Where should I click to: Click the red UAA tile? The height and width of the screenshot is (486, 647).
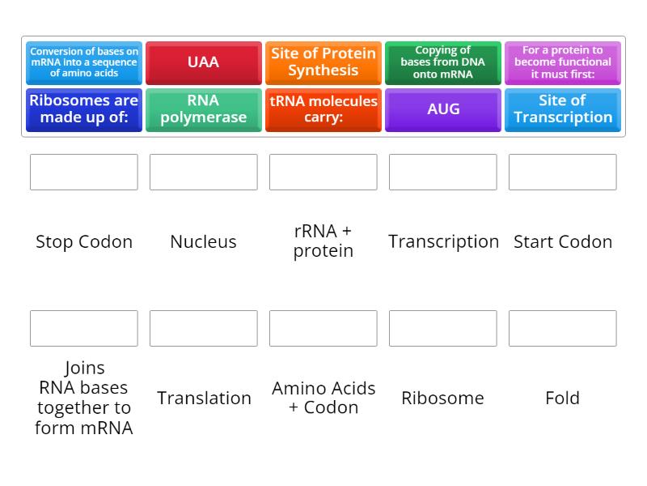[x=204, y=62]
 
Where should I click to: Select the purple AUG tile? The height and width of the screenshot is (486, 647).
[x=442, y=109]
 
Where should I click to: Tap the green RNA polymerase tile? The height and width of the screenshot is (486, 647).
[x=204, y=109]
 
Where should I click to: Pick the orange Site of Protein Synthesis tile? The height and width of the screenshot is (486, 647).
[x=323, y=62]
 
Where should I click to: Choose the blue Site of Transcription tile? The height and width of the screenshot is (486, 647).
[x=563, y=109]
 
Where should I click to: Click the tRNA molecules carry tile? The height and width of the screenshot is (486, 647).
[x=323, y=109]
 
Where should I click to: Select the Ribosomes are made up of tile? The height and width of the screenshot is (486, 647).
[x=84, y=109]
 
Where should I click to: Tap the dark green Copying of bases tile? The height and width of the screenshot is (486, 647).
[x=442, y=62]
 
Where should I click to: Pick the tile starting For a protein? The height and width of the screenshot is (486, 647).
[x=563, y=62]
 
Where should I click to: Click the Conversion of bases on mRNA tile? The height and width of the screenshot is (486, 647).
[x=84, y=62]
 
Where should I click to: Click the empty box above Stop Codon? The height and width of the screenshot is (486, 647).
[x=84, y=172]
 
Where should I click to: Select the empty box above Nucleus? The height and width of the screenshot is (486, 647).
[x=204, y=172]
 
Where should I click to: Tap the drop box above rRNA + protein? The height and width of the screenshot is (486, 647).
[x=323, y=172]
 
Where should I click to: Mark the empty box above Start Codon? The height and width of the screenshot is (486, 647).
[x=563, y=172]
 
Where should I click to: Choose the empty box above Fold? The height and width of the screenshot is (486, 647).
[x=563, y=328]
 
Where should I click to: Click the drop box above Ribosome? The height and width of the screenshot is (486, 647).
[x=442, y=328]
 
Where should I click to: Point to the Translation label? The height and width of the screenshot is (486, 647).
[x=204, y=398]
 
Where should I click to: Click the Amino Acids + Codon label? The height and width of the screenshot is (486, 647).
[x=323, y=398]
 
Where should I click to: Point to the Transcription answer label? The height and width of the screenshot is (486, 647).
[x=443, y=241]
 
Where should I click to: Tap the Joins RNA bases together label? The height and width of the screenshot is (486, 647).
[x=84, y=398]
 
